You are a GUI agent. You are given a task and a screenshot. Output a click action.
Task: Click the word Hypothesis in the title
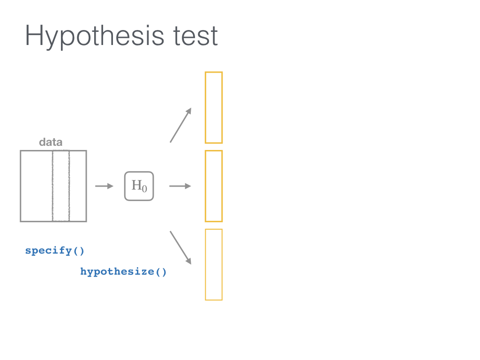point(95,37)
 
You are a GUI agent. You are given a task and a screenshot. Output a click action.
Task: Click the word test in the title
point(195,36)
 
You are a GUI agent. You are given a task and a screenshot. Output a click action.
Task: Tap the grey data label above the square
point(51,142)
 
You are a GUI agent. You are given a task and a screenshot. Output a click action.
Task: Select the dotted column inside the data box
point(52,186)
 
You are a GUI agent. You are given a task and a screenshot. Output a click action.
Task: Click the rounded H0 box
point(125,186)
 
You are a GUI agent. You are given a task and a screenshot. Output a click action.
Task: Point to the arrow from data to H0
point(104,186)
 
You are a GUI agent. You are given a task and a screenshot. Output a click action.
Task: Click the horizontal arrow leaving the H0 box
point(180,186)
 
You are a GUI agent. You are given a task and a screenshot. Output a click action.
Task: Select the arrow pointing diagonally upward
point(180,125)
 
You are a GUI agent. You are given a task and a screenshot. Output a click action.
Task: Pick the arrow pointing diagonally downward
point(180,247)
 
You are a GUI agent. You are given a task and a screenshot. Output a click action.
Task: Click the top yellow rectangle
point(205,107)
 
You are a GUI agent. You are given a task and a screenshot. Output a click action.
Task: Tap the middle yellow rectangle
point(205,186)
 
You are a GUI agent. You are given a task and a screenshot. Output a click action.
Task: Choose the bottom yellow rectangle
point(205,264)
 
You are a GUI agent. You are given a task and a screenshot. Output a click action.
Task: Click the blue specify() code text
point(54,251)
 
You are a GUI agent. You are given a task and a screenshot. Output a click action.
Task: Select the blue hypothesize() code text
point(123,272)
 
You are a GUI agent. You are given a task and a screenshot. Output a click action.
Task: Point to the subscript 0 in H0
point(144,188)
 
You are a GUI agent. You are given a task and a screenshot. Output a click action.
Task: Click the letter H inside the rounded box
point(136,185)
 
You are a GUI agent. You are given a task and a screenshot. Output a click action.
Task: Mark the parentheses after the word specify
point(78,251)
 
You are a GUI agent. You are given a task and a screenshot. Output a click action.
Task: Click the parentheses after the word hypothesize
point(161,272)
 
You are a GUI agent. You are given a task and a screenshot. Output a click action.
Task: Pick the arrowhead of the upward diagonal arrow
point(189,111)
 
